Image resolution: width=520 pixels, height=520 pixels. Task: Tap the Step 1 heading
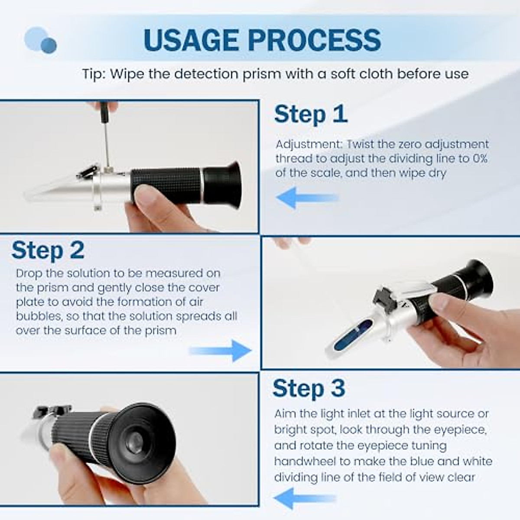[x=311, y=114]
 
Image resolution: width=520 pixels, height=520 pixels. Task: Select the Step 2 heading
[x=48, y=250]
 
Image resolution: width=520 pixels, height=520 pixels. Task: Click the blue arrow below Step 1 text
[x=307, y=198]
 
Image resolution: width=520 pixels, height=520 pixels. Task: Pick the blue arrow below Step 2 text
[x=221, y=351]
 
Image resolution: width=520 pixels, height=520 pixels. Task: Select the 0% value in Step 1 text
[x=479, y=159]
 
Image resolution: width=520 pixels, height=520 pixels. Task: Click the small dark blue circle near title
[x=49, y=45]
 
